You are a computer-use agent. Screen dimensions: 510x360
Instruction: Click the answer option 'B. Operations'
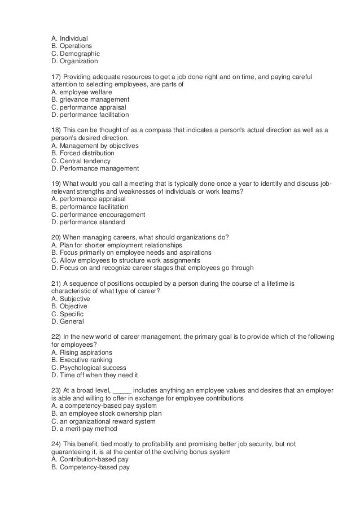[72, 46]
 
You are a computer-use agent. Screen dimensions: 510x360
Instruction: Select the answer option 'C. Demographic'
[75, 54]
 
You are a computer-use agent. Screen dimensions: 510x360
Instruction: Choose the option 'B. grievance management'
[90, 99]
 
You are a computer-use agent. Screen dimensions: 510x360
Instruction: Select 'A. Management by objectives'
[94, 145]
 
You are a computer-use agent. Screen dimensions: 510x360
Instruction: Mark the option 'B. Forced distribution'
[82, 153]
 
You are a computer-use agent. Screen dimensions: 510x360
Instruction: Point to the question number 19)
[56, 184]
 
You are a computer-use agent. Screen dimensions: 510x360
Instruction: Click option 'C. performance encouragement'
[98, 215]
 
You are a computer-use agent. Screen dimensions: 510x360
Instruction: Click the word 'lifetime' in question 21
[273, 283]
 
